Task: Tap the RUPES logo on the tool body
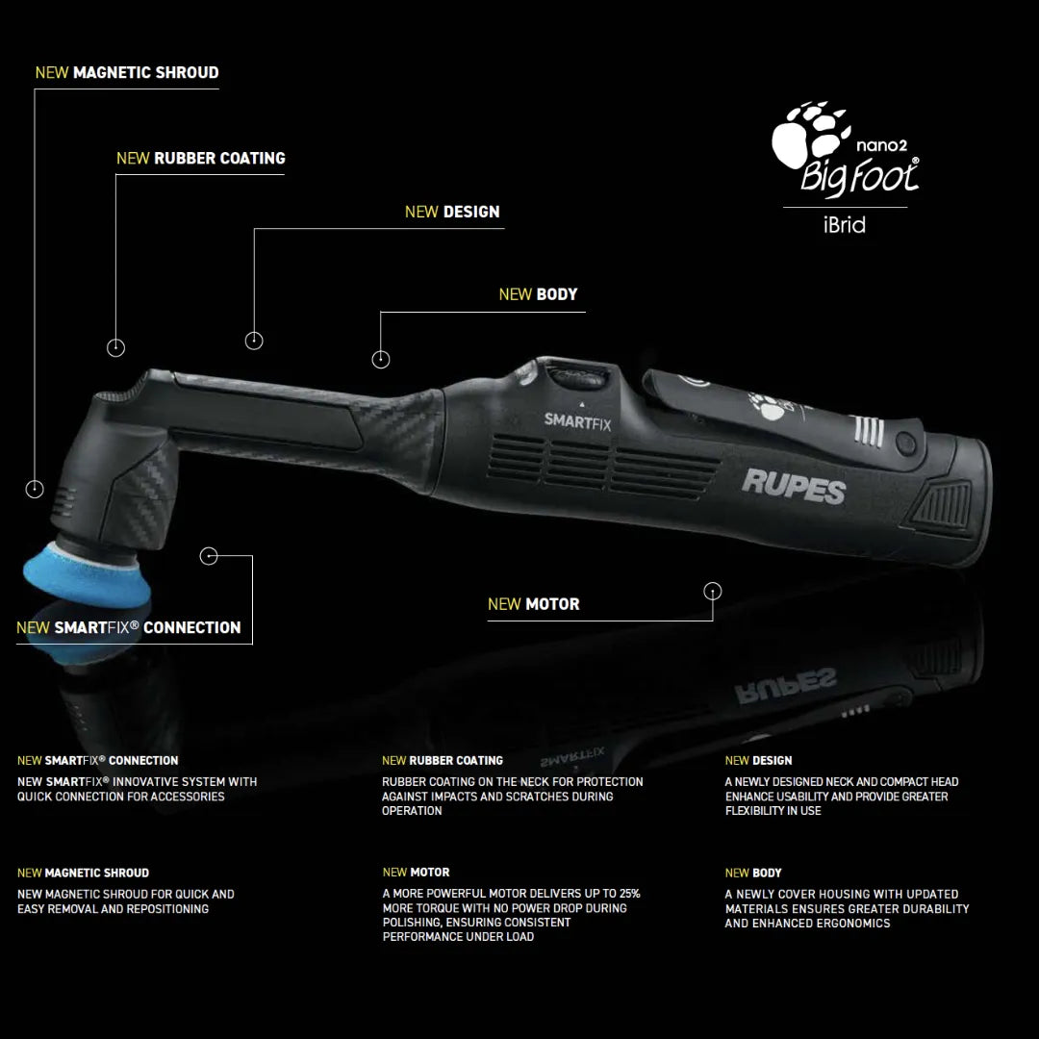point(793,485)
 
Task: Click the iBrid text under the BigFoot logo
point(844,225)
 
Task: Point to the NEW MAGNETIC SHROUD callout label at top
point(127,72)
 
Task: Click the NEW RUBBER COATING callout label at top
point(200,158)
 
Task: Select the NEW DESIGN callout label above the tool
point(452,212)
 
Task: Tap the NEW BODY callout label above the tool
point(538,294)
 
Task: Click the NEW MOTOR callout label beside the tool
point(533,604)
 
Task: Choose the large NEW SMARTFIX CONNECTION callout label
point(129,627)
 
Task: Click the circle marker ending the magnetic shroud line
point(35,489)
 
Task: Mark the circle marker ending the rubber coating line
point(115,347)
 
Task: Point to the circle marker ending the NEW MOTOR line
point(713,591)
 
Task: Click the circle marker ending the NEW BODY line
point(381,359)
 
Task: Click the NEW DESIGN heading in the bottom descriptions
point(758,760)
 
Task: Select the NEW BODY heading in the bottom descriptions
point(753,873)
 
